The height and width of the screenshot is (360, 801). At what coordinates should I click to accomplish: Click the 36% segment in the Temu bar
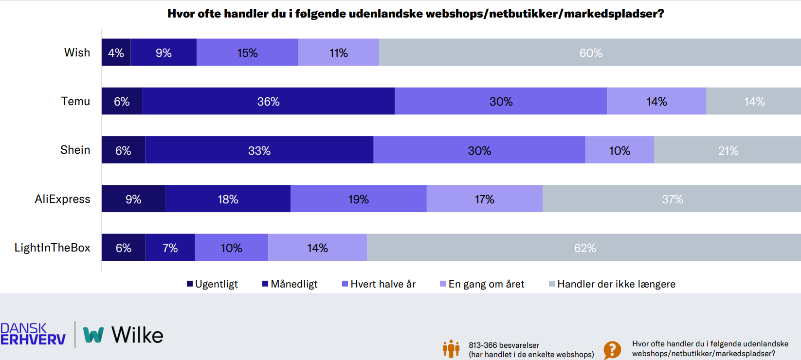(x=268, y=101)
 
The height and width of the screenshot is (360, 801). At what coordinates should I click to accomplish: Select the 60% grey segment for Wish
(x=590, y=53)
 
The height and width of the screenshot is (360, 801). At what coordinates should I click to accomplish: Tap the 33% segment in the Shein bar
(x=259, y=150)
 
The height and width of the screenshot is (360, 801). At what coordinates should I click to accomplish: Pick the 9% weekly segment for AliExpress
(x=133, y=199)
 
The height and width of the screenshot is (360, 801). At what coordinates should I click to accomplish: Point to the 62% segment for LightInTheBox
(x=584, y=248)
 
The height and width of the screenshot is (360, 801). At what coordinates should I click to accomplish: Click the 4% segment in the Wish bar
(x=116, y=53)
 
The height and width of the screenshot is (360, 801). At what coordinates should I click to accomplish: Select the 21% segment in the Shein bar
(x=728, y=150)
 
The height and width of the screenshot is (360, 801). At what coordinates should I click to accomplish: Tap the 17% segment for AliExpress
(x=484, y=199)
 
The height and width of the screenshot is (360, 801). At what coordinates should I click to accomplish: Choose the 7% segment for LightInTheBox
(x=170, y=248)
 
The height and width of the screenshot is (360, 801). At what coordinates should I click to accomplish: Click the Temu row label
(x=75, y=101)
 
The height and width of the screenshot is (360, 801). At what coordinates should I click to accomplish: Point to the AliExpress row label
(x=62, y=199)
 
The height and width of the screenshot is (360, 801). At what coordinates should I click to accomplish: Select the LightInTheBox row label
(x=52, y=248)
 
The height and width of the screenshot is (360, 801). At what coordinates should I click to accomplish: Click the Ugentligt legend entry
(x=212, y=284)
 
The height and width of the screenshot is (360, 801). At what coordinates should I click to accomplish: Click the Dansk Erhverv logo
(x=33, y=334)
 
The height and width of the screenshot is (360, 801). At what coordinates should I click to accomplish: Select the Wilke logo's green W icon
(x=93, y=335)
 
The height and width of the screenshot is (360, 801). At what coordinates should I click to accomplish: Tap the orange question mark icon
(x=612, y=349)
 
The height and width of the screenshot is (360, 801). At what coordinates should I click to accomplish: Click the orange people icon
(x=451, y=348)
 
